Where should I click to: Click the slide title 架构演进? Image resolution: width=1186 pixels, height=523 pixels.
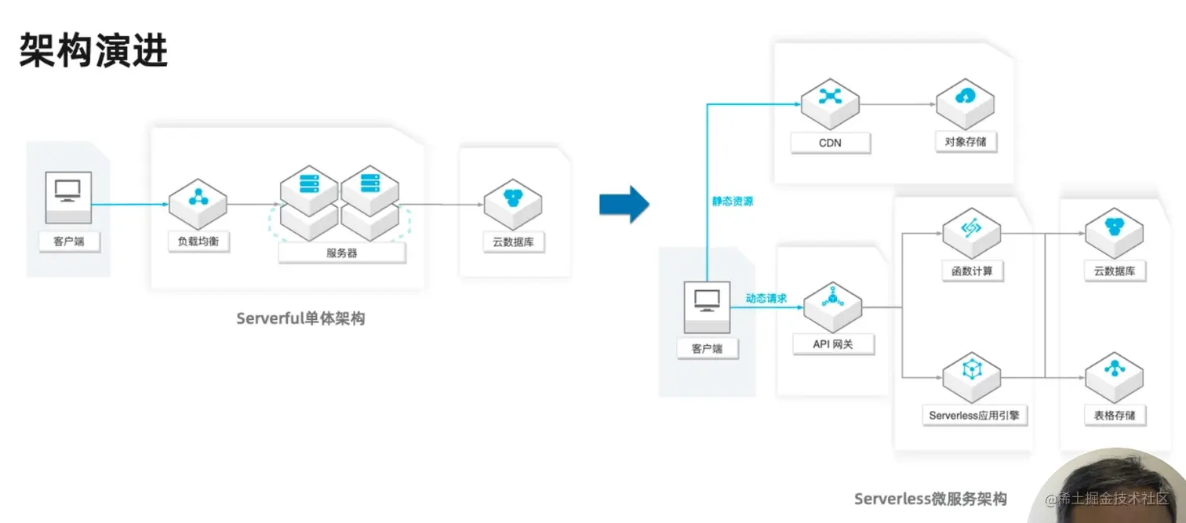tap(93, 50)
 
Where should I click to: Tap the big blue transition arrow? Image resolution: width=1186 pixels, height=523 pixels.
tap(624, 205)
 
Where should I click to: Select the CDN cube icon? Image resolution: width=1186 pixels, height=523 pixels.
tap(830, 104)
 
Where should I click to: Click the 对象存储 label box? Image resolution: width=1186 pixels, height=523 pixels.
tap(966, 142)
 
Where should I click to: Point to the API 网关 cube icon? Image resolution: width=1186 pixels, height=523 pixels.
tap(832, 307)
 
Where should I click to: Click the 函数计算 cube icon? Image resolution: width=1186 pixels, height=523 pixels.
tap(972, 234)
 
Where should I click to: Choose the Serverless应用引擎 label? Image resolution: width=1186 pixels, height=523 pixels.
tap(974, 416)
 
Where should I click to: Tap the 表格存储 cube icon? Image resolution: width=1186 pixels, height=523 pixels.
tap(1114, 377)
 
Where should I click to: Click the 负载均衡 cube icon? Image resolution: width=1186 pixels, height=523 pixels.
tap(198, 205)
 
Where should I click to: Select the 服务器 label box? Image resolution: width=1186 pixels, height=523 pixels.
tap(342, 253)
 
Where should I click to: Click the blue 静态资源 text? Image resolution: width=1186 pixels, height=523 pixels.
tap(733, 202)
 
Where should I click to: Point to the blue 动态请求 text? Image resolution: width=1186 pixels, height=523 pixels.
tap(766, 298)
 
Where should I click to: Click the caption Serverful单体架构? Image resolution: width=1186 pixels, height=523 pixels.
tap(300, 318)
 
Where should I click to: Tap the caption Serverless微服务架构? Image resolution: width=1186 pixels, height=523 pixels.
tap(930, 499)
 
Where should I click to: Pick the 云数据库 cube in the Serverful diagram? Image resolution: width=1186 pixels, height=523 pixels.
tap(512, 205)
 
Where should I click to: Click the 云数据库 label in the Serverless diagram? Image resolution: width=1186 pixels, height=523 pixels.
tap(1115, 271)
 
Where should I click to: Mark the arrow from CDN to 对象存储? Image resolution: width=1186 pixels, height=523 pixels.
tap(897, 104)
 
